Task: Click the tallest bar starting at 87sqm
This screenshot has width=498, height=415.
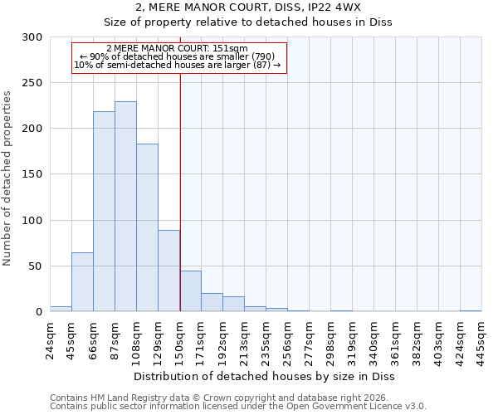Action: click(125, 207)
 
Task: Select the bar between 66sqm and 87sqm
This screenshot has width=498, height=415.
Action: click(104, 212)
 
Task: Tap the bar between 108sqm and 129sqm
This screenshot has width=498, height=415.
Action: click(147, 227)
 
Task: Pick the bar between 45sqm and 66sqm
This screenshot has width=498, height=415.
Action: click(82, 282)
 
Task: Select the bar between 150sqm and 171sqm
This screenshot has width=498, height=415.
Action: click(190, 291)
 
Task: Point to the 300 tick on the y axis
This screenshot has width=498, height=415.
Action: click(32, 37)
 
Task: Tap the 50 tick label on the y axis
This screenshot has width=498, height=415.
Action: click(36, 266)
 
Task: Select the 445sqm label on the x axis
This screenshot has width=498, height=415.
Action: click(482, 340)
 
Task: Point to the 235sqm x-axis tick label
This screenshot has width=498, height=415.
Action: click(266, 340)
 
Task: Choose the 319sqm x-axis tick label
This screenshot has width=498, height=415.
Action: click(353, 340)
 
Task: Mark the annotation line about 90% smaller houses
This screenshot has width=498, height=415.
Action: click(179, 57)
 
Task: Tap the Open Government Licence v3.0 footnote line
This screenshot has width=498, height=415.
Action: click(237, 407)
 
